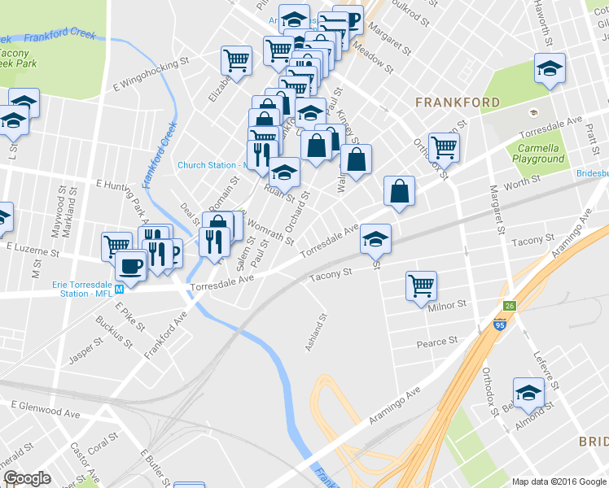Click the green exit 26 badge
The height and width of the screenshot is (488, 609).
tap(510, 306)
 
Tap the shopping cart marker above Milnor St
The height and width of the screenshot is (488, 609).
tap(422, 285)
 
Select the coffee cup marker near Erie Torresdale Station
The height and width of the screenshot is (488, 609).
tap(129, 265)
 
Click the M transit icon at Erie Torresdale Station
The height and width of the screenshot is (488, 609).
tap(119, 289)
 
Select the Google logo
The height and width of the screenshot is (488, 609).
tap(27, 478)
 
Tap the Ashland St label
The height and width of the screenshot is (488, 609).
tap(316, 333)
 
